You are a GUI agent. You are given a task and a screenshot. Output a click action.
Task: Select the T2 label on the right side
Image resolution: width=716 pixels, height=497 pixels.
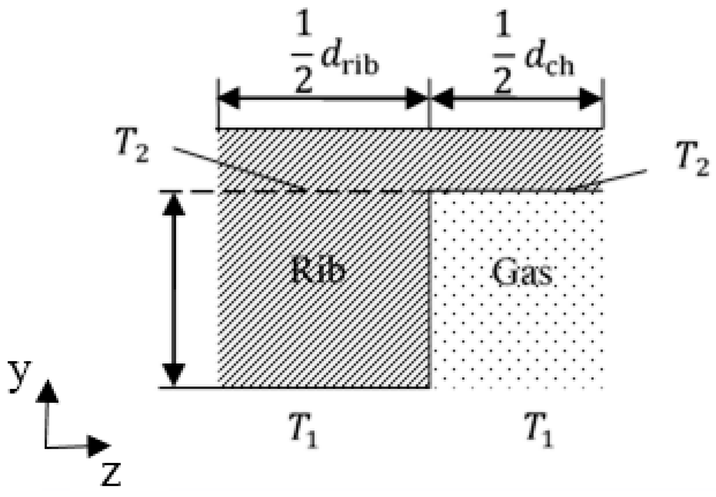click(693, 159)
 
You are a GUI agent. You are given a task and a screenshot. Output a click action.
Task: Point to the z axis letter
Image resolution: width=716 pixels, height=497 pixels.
click(111, 474)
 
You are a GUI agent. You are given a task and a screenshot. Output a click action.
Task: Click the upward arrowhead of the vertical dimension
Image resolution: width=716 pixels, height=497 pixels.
click(174, 205)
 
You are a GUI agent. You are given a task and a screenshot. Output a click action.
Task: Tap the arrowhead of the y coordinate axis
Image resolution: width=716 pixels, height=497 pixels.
click(47, 391)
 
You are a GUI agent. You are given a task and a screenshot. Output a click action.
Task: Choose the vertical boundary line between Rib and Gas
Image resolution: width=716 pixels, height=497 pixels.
click(430, 290)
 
